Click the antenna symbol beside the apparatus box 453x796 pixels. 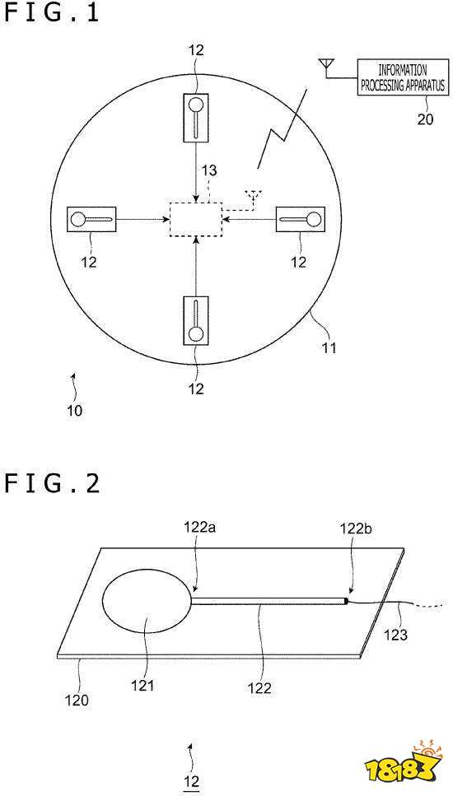tap(325, 65)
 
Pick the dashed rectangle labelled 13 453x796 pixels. tap(196, 219)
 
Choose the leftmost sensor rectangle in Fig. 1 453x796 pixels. tap(92, 219)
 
